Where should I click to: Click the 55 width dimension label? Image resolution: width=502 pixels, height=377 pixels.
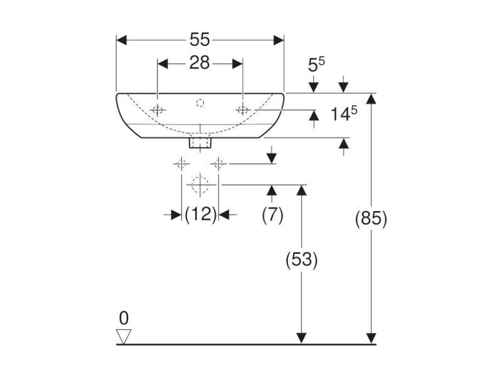200,40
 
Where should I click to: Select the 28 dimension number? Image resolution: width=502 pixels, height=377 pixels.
200,63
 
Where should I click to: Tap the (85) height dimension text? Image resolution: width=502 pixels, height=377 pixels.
371,219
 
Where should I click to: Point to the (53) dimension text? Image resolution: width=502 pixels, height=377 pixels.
302,260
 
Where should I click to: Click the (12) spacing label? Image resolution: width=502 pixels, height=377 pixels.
201,214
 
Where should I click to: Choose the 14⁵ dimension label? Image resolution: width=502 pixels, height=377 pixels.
343,114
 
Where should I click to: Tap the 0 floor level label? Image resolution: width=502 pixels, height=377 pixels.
124,319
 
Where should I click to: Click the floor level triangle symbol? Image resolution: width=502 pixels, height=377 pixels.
124,336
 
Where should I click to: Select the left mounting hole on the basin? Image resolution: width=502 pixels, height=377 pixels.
158,111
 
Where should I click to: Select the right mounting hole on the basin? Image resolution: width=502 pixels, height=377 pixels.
243,111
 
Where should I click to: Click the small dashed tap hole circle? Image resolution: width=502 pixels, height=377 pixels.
200,103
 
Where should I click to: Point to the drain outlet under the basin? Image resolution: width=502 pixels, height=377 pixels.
200,143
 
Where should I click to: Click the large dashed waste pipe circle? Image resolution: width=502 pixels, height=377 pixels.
200,185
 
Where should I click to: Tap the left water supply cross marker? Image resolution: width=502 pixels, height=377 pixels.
181,164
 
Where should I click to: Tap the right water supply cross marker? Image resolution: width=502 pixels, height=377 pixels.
218,164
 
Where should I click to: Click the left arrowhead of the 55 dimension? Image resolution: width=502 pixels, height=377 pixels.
121,40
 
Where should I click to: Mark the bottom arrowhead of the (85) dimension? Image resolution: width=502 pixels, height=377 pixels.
371,339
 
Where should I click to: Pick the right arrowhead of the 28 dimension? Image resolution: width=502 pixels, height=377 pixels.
237,64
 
